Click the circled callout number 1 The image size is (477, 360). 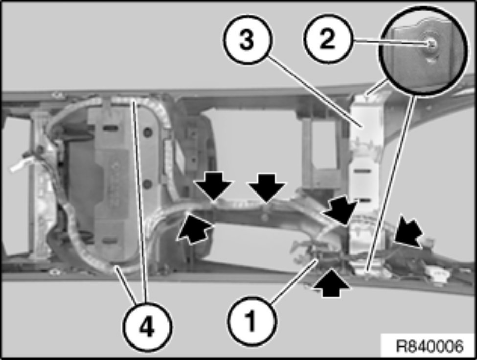pyautogui.click(x=251, y=320)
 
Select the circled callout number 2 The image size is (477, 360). pyautogui.click(x=328, y=39)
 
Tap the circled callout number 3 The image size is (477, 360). pyautogui.click(x=247, y=39)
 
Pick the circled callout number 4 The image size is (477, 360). pyautogui.click(x=147, y=327)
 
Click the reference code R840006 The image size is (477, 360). pyautogui.click(x=430, y=346)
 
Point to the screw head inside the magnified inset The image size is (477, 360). pyautogui.click(x=432, y=44)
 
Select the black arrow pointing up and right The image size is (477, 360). pyautogui.click(x=194, y=228)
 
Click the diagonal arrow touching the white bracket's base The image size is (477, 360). pyautogui.click(x=340, y=210)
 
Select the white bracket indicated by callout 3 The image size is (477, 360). pyautogui.click(x=365, y=177)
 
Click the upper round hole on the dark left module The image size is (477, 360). pyautogui.click(x=148, y=132)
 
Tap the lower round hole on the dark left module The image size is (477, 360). pyautogui.click(x=147, y=183)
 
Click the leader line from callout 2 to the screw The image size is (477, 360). pyautogui.click(x=390, y=42)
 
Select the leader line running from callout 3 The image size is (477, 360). pyautogui.click(x=315, y=90)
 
